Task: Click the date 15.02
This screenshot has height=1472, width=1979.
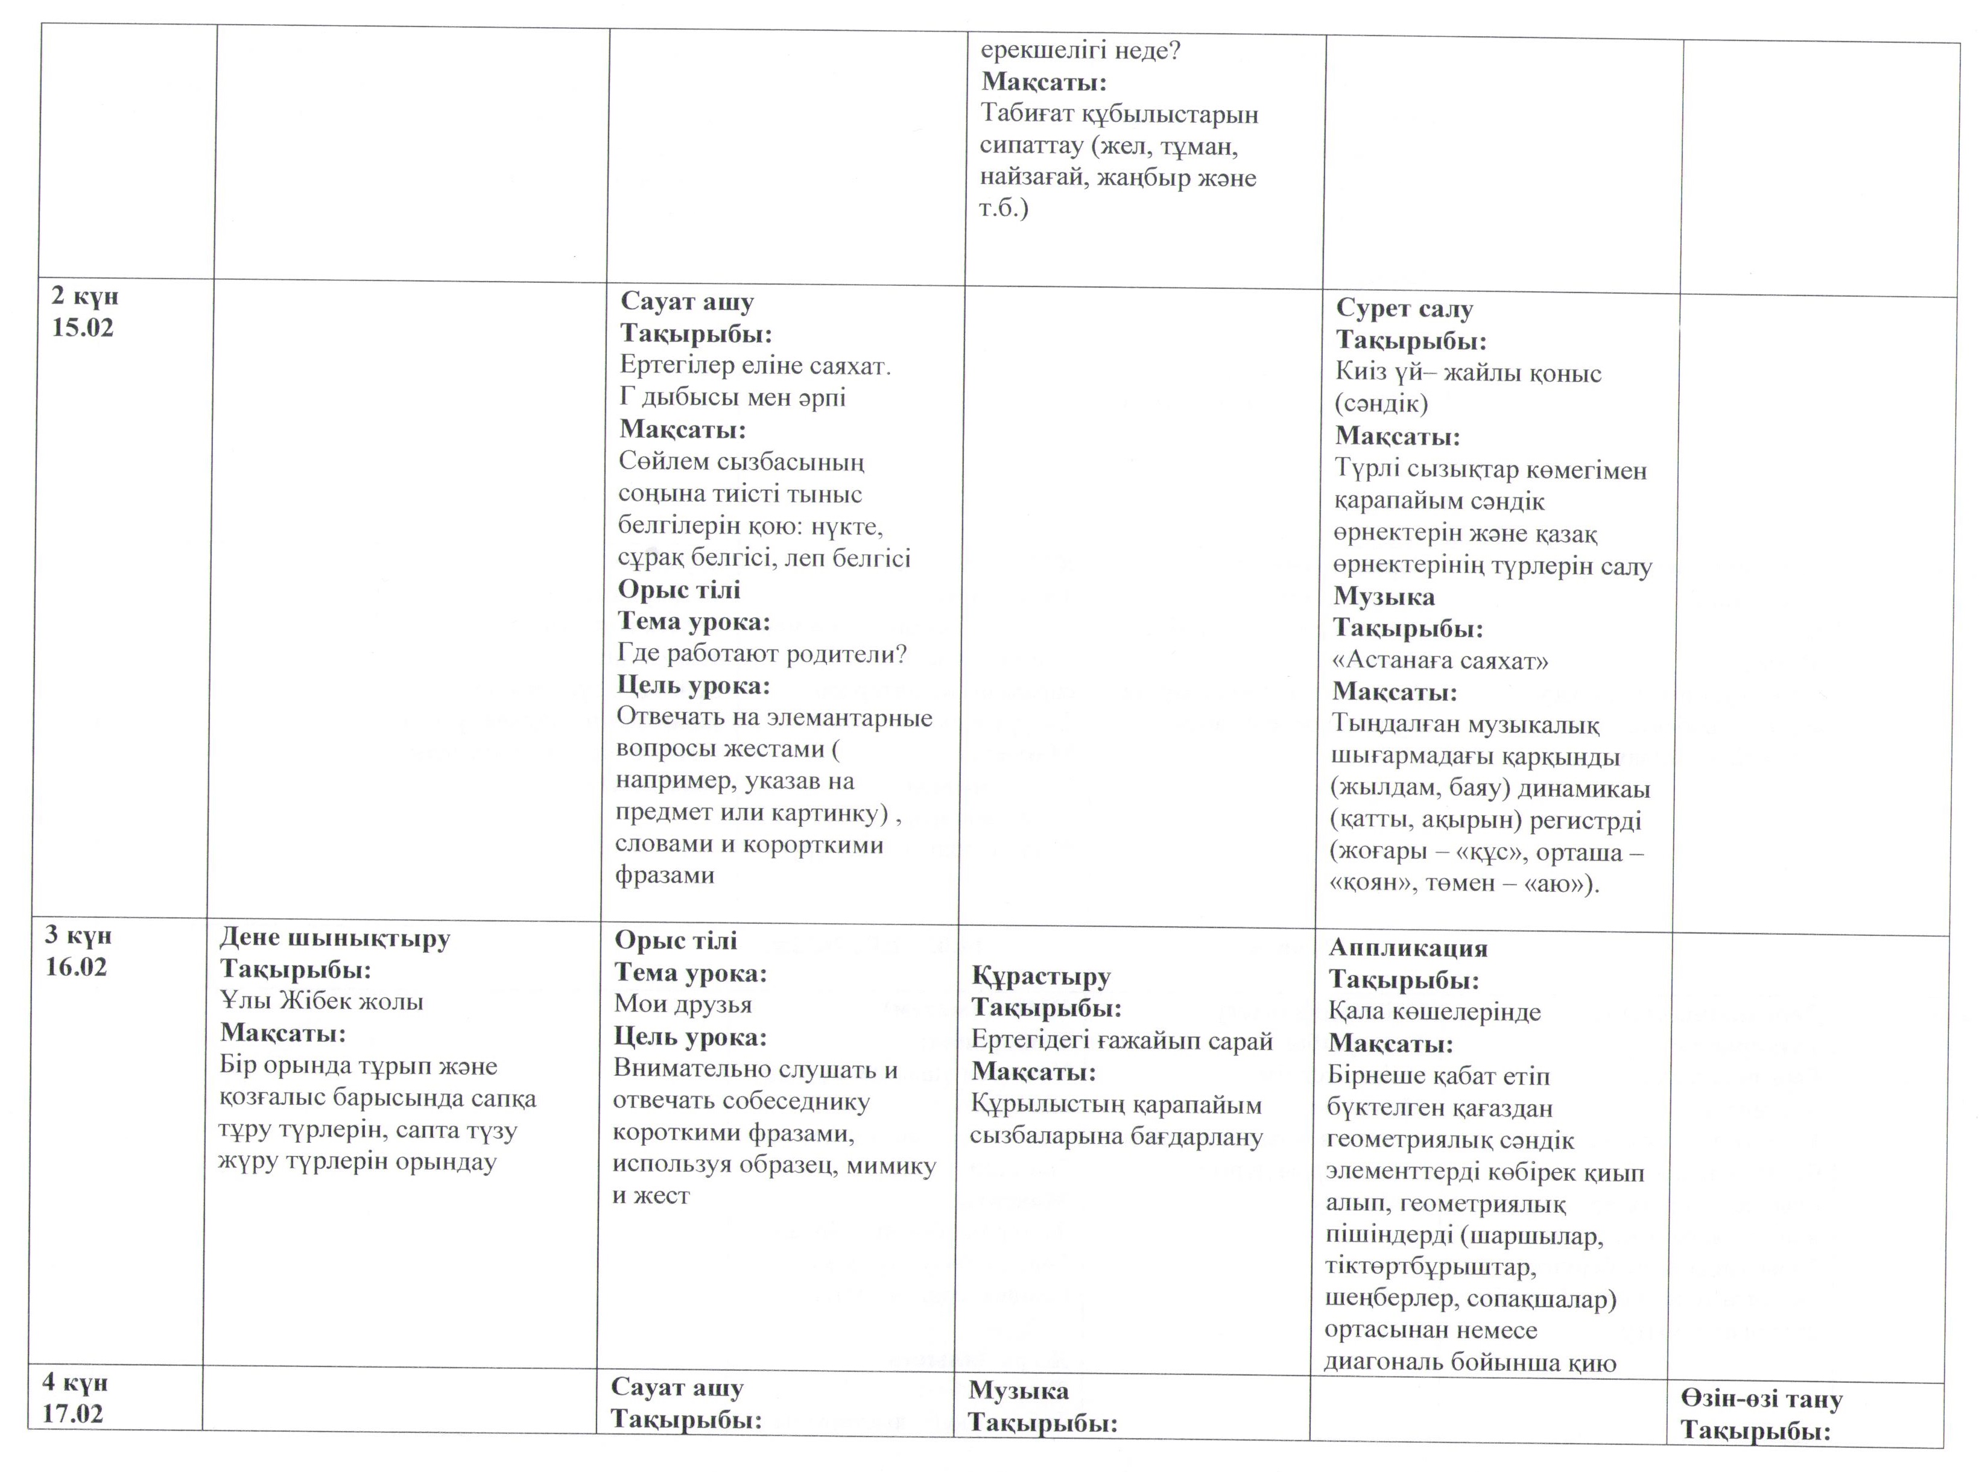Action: (83, 328)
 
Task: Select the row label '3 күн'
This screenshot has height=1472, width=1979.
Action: (78, 935)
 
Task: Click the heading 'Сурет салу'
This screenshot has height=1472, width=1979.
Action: (1404, 309)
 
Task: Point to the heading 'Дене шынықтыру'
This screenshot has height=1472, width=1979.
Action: (335, 938)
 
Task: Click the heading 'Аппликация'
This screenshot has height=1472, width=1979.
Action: (1408, 948)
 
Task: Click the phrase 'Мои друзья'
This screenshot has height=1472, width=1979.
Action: (683, 1004)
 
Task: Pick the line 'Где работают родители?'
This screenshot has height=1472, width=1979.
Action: (762, 654)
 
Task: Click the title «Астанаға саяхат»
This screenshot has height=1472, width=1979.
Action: (1440, 660)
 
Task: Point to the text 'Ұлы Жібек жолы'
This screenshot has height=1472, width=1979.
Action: (321, 1002)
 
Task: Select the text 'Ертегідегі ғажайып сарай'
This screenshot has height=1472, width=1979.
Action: (1122, 1041)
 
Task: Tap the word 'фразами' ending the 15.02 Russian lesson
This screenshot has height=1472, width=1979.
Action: (665, 875)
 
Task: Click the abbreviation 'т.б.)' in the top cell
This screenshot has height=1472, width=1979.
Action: (1004, 210)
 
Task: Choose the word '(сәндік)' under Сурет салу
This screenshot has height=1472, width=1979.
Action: (1381, 405)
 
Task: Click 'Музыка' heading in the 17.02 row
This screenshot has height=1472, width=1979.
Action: (1019, 1391)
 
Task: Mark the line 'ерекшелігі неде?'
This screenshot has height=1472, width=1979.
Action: (1080, 51)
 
